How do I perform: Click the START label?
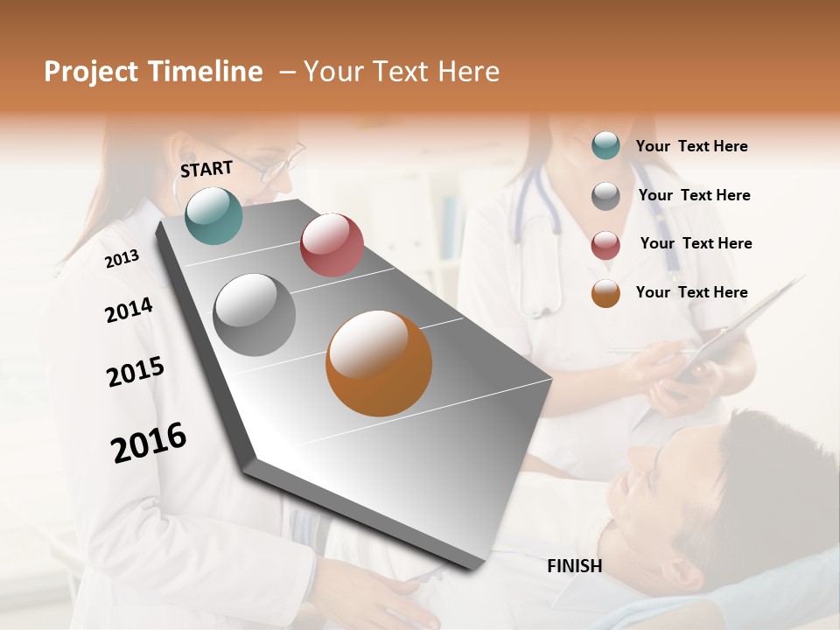point(206,169)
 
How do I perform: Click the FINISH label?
point(574,566)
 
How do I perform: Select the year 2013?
point(122,259)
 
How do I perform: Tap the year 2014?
point(129,310)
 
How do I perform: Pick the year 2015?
point(135,372)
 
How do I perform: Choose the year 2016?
point(149,443)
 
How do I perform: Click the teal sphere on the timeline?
point(213,215)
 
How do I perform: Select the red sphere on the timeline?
point(332,245)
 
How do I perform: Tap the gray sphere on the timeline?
point(255,315)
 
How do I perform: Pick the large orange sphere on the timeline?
point(379,363)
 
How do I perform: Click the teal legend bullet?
point(605,146)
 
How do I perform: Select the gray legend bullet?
point(605,196)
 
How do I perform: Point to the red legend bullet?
point(605,245)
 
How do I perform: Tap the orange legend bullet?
point(605,293)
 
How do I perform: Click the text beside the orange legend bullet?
point(691,292)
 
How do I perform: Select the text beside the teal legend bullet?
point(691,146)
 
